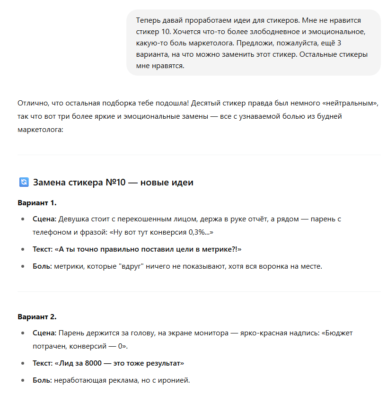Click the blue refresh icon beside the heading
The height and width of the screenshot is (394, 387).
click(x=24, y=182)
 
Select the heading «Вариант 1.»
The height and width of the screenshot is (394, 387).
click(x=37, y=203)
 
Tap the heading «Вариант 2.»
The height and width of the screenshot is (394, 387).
click(x=37, y=316)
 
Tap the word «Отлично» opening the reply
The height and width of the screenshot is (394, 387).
click(x=32, y=103)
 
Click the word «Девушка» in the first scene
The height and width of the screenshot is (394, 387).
click(x=73, y=219)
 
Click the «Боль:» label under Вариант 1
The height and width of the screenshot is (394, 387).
click(x=42, y=266)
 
